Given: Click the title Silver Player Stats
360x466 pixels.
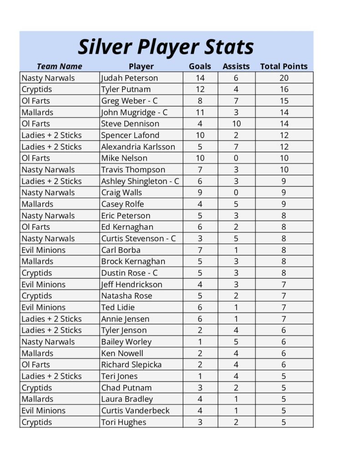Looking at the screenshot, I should (166, 46).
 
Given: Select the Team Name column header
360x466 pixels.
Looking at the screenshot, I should (59, 66).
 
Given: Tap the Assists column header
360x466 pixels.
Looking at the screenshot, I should (236, 66).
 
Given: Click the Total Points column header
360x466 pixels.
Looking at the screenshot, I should (284, 66).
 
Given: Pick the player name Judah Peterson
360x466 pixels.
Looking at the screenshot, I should (129, 78).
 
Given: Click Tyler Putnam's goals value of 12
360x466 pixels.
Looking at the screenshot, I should (200, 89).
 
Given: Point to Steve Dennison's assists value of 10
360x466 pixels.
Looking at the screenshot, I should (236, 124).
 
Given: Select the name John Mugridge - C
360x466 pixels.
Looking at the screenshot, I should (134, 112).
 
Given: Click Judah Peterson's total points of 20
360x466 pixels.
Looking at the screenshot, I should (284, 78).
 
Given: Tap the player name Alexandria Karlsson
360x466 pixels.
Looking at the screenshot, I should (138, 147).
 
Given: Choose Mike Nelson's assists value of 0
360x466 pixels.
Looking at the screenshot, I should (236, 158).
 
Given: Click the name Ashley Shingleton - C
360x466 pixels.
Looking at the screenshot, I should (140, 181).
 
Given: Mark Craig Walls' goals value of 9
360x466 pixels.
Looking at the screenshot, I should (200, 192).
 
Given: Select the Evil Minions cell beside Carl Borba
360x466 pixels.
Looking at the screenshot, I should (44, 250).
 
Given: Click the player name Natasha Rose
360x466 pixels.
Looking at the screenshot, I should (127, 296).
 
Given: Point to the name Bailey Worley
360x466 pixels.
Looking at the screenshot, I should (126, 342).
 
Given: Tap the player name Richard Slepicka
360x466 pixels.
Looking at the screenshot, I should (131, 365).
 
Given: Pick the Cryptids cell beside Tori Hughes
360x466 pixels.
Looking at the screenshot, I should (37, 422).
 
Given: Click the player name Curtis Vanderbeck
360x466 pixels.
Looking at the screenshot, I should (135, 410).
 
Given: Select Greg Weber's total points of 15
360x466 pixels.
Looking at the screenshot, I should (284, 101).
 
